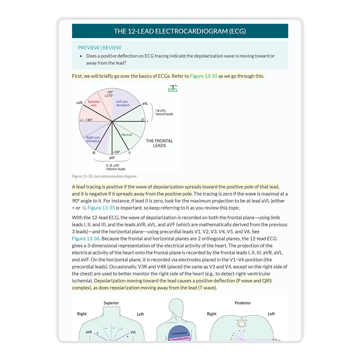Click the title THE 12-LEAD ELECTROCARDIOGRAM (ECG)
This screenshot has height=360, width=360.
(x=180, y=31)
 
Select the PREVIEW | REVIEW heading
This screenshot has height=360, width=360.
(x=99, y=48)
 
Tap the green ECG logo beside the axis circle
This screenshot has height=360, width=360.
(x=173, y=88)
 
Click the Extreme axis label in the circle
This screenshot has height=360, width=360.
(x=94, y=103)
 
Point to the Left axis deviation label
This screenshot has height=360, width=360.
(x=123, y=103)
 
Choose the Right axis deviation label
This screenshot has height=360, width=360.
(x=93, y=139)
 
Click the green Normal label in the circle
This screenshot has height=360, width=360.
(x=127, y=135)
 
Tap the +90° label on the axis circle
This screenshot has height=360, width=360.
(x=116, y=152)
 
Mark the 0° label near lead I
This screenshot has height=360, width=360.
(x=143, y=120)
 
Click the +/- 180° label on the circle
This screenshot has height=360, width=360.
(x=86, y=120)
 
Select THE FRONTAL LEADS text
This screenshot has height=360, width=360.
(x=159, y=143)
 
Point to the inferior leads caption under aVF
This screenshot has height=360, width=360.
(x=116, y=167)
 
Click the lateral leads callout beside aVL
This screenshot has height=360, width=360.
(x=164, y=112)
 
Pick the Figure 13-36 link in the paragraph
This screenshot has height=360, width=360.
(x=86, y=238)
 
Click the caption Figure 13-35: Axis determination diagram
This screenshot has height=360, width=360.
(x=104, y=176)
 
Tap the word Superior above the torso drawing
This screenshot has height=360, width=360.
(x=111, y=303)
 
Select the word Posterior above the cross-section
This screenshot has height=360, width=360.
(x=243, y=303)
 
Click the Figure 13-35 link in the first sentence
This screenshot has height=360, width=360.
(x=204, y=76)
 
